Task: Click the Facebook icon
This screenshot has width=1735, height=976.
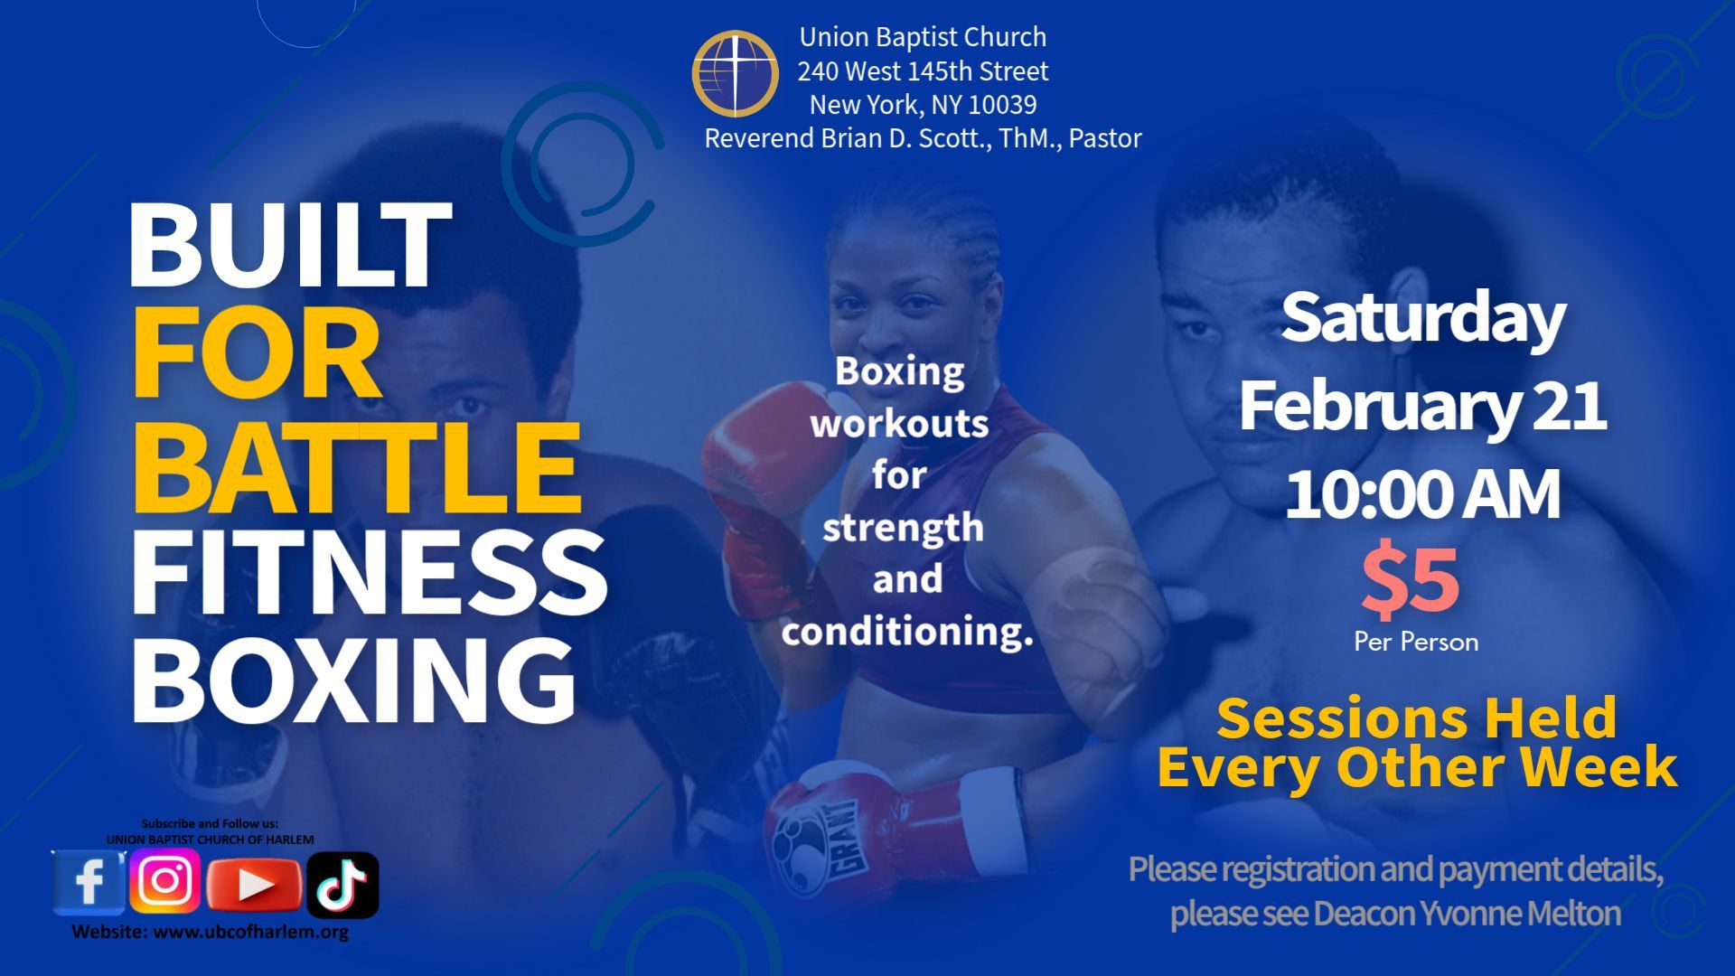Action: [88, 882]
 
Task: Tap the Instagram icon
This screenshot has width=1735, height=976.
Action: [165, 880]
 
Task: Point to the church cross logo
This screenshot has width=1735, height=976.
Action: [736, 74]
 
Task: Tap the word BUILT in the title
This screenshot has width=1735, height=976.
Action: [290, 245]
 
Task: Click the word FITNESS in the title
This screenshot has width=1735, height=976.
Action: [370, 573]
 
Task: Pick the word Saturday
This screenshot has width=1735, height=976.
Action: [1423, 318]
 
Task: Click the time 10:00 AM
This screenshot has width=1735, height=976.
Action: [1422, 494]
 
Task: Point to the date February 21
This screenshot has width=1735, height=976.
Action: [1422, 406]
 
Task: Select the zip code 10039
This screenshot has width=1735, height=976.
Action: [1002, 105]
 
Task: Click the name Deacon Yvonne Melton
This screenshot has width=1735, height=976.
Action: [1467, 914]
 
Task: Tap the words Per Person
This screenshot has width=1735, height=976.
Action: [1416, 643]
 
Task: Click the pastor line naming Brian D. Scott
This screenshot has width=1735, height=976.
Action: [923, 138]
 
